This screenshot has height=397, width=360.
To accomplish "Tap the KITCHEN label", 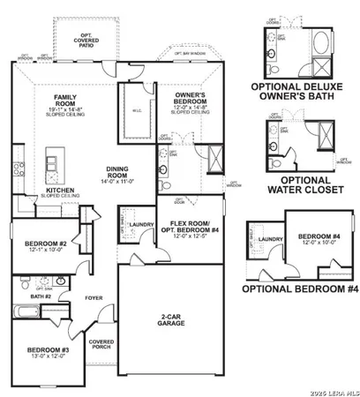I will (x=61, y=189).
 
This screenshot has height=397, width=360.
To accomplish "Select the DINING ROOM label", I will (x=124, y=171).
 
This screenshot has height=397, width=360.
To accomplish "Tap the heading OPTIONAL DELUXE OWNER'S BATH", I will (x=302, y=92).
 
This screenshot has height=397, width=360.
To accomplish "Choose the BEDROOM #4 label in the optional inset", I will (x=316, y=237).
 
